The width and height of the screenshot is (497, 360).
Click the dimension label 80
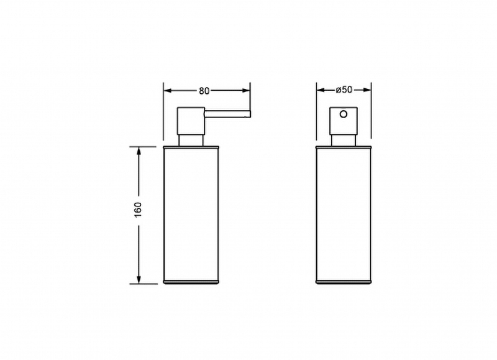click(204, 91)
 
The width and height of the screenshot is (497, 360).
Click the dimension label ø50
click(344, 90)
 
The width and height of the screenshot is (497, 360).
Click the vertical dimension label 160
click(139, 210)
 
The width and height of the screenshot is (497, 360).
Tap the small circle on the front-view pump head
click(344, 114)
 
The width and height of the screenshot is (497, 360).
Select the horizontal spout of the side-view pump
click(227, 114)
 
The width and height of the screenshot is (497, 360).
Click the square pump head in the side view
click(191, 121)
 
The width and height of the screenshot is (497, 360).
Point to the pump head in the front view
click(344, 121)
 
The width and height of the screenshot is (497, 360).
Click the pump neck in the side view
click(191, 141)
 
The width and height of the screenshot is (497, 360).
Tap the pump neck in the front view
click(344, 141)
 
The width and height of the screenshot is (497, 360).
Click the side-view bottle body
click(191, 215)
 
